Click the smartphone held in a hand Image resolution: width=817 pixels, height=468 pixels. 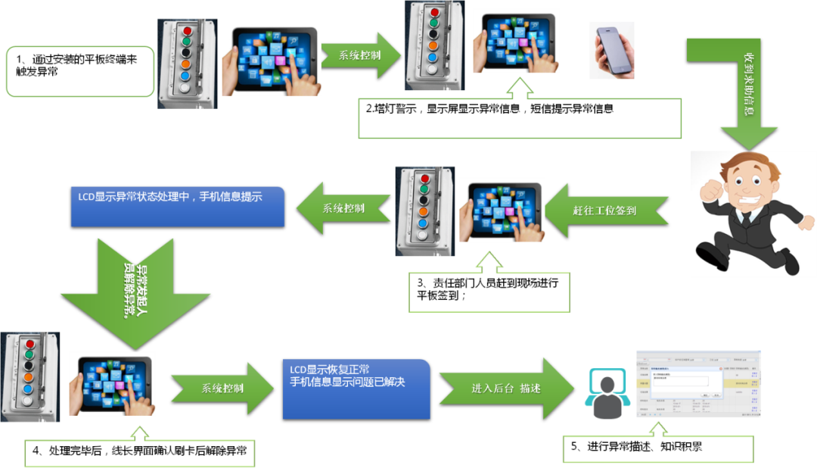[612, 49]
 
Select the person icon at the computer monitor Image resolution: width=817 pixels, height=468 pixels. [607, 395]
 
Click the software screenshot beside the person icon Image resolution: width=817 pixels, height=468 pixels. [698, 384]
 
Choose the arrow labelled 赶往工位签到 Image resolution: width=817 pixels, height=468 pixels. [605, 211]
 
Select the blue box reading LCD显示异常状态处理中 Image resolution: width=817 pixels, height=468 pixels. [178, 206]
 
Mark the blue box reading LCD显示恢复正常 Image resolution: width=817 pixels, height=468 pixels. [356, 388]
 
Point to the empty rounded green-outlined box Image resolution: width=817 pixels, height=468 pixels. [80, 71]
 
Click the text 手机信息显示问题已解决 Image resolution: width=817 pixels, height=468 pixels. [348, 382]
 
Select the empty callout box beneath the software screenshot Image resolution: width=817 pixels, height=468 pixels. [658, 450]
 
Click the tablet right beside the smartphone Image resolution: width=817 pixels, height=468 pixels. [516, 42]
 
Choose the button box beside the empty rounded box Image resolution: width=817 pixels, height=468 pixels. [186, 64]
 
